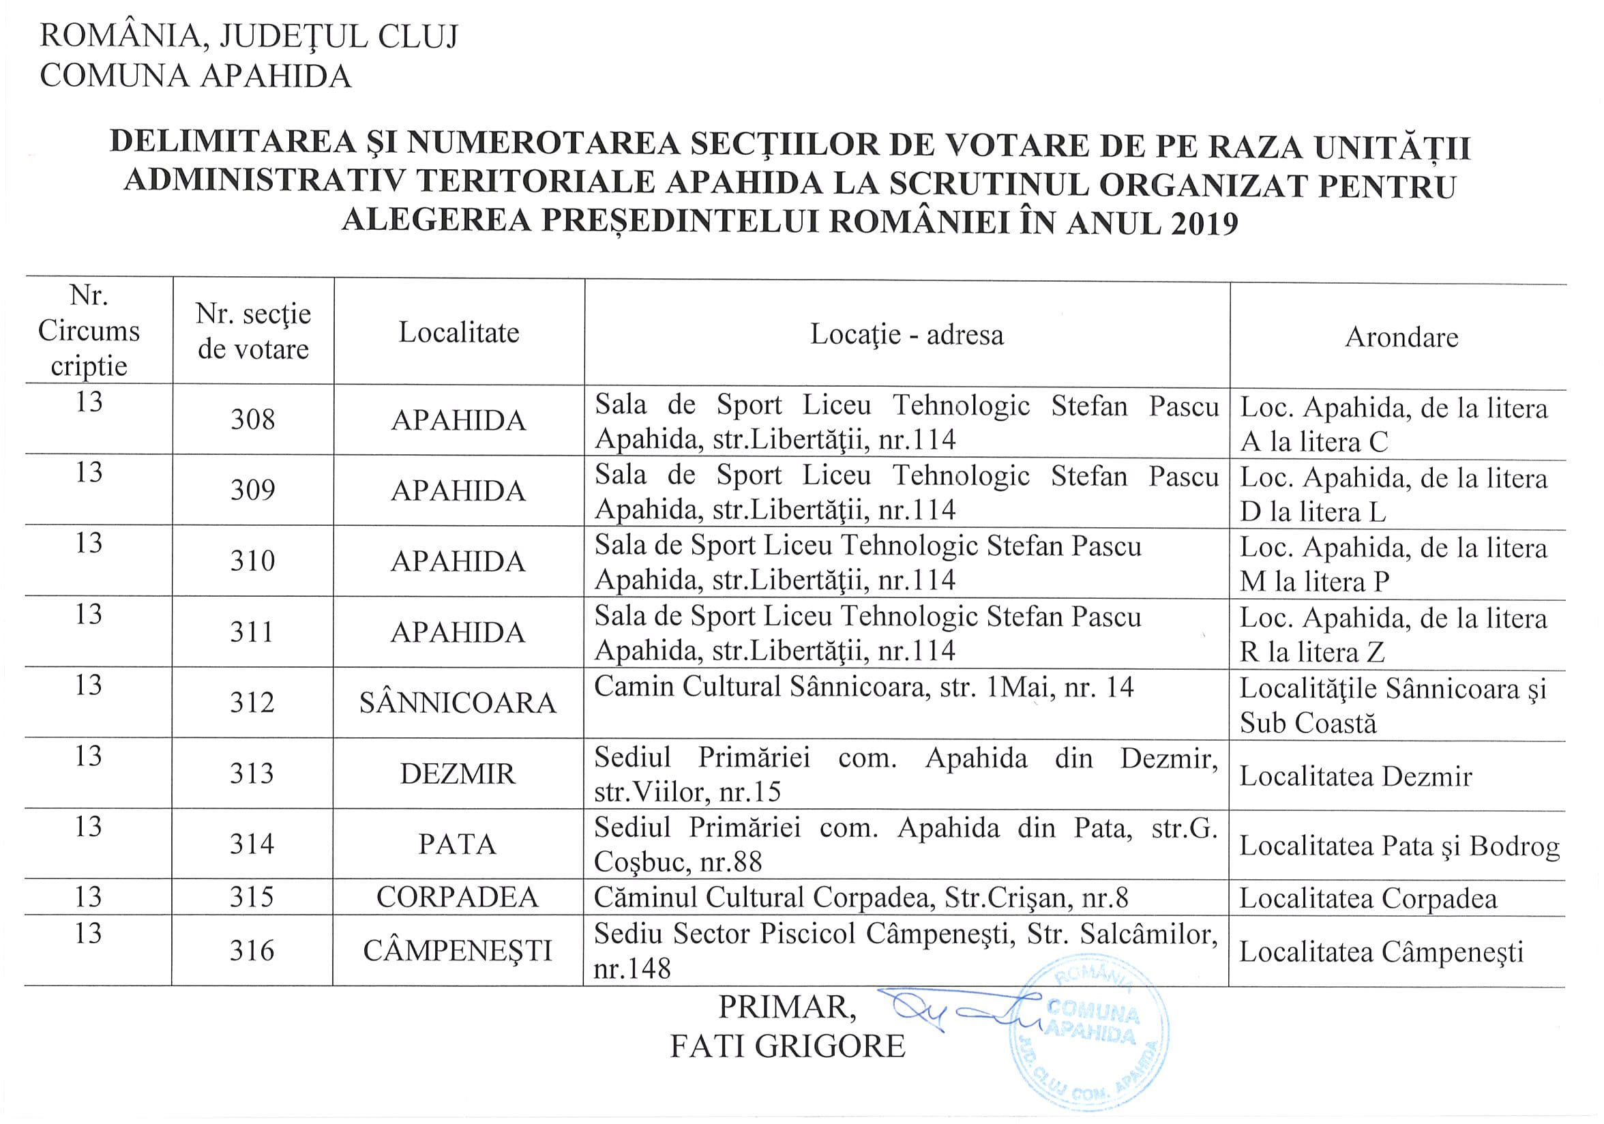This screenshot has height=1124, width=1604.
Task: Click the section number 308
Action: (x=253, y=420)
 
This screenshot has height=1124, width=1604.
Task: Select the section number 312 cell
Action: (x=252, y=702)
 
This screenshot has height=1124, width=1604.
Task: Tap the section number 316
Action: (x=252, y=951)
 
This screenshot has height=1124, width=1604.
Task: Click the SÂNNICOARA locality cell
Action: (x=458, y=702)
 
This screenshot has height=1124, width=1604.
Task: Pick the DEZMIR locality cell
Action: (x=458, y=774)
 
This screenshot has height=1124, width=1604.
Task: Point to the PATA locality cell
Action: (x=458, y=844)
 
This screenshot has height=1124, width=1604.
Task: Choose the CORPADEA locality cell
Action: (x=458, y=898)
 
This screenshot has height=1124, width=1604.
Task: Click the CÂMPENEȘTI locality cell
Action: (x=458, y=951)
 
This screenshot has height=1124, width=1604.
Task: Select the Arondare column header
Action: (x=1401, y=338)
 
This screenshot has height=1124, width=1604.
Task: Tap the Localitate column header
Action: (x=459, y=333)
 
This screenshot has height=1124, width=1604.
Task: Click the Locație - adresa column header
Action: (x=907, y=335)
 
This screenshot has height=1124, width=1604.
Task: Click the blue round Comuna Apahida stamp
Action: (x=1090, y=1037)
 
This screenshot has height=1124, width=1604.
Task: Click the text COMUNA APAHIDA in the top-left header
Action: (x=196, y=76)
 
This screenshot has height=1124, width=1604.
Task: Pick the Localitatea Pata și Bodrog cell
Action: (x=1399, y=846)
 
